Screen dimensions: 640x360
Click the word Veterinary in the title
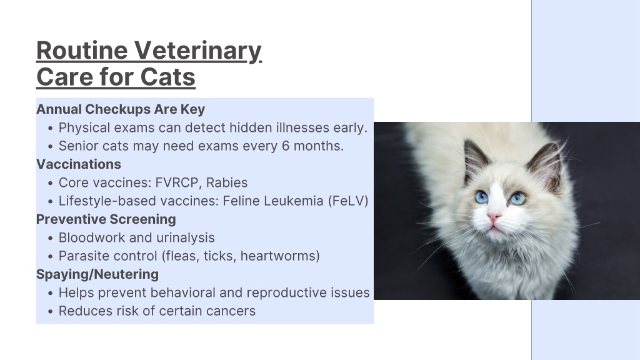point(198,51)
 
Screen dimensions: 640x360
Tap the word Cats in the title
point(167,77)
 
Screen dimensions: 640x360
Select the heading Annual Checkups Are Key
point(121,109)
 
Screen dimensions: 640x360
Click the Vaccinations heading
point(79,164)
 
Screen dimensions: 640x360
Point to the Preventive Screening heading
point(106,219)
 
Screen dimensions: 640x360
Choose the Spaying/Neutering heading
point(97,274)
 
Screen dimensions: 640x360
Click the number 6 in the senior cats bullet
point(286,146)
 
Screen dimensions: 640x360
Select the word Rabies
point(226,182)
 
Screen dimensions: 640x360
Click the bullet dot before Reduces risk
point(50,312)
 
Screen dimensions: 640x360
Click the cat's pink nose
point(494,217)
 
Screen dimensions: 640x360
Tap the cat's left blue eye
point(482,197)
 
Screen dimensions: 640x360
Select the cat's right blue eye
point(517,198)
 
